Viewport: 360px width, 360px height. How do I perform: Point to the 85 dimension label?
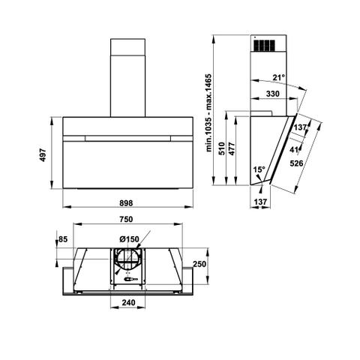click(x=62, y=239)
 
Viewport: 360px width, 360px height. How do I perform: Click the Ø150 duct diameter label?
click(x=129, y=239)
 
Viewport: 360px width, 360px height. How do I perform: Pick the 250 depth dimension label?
click(x=199, y=264)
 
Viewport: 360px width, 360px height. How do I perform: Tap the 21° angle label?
click(x=278, y=77)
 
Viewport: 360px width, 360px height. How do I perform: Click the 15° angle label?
click(x=259, y=170)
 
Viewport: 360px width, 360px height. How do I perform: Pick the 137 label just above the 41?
click(x=300, y=128)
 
